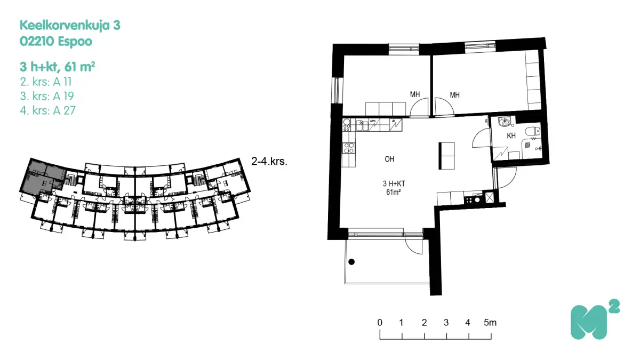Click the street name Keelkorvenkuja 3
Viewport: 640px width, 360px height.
pyautogui.click(x=66, y=25)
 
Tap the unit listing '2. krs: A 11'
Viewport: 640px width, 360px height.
pyautogui.click(x=45, y=82)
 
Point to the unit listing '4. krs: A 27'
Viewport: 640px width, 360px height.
pyautogui.click(x=46, y=110)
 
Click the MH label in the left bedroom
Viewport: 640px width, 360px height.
pyautogui.click(x=414, y=95)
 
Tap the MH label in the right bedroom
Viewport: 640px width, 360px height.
pyautogui.click(x=454, y=95)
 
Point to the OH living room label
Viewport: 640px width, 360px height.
pyautogui.click(x=389, y=159)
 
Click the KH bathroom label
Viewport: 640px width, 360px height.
pyautogui.click(x=511, y=136)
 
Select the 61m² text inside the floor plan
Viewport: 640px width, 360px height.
pyautogui.click(x=393, y=192)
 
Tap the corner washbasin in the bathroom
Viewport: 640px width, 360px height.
pyautogui.click(x=502, y=122)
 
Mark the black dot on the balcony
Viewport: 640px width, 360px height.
pyautogui.click(x=351, y=262)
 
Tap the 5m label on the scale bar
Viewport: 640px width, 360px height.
pyautogui.click(x=490, y=323)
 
